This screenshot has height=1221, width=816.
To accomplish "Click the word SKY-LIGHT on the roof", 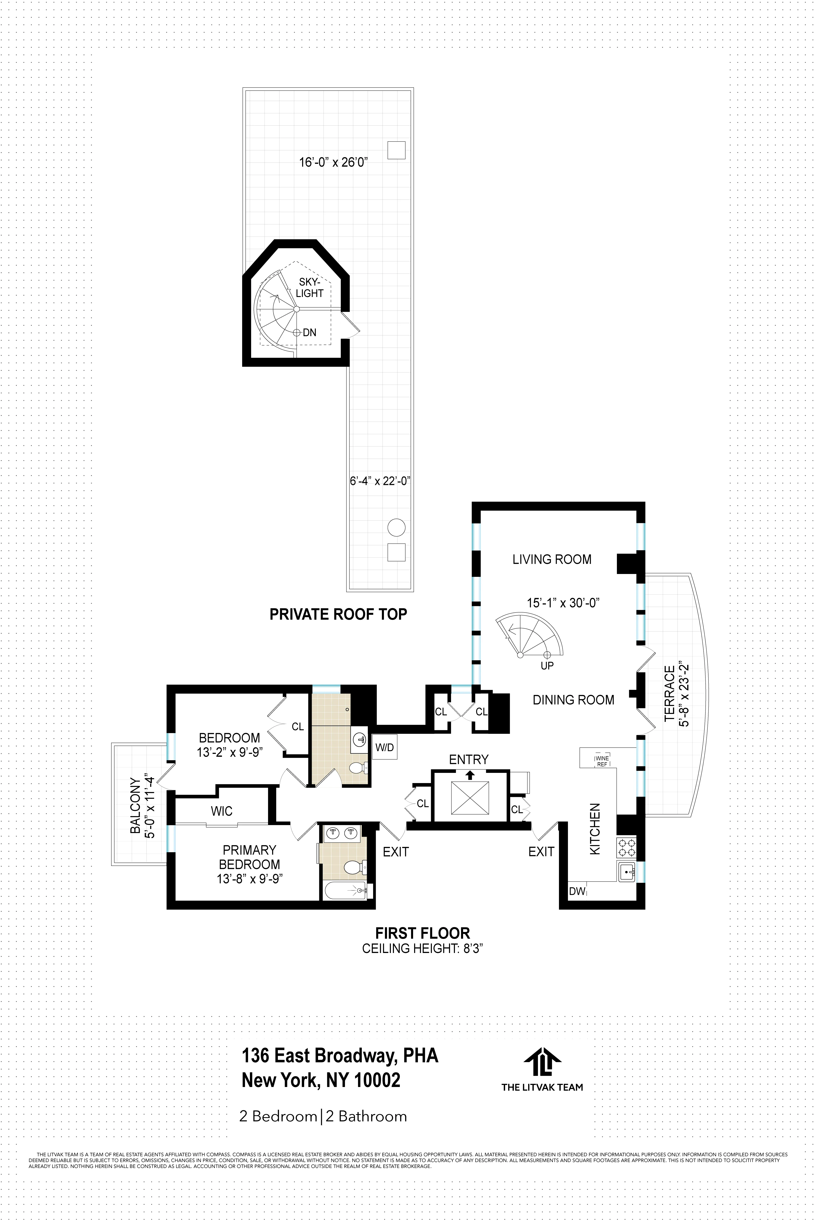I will point(310,288).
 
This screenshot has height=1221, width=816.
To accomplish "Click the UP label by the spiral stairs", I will point(547,665).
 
